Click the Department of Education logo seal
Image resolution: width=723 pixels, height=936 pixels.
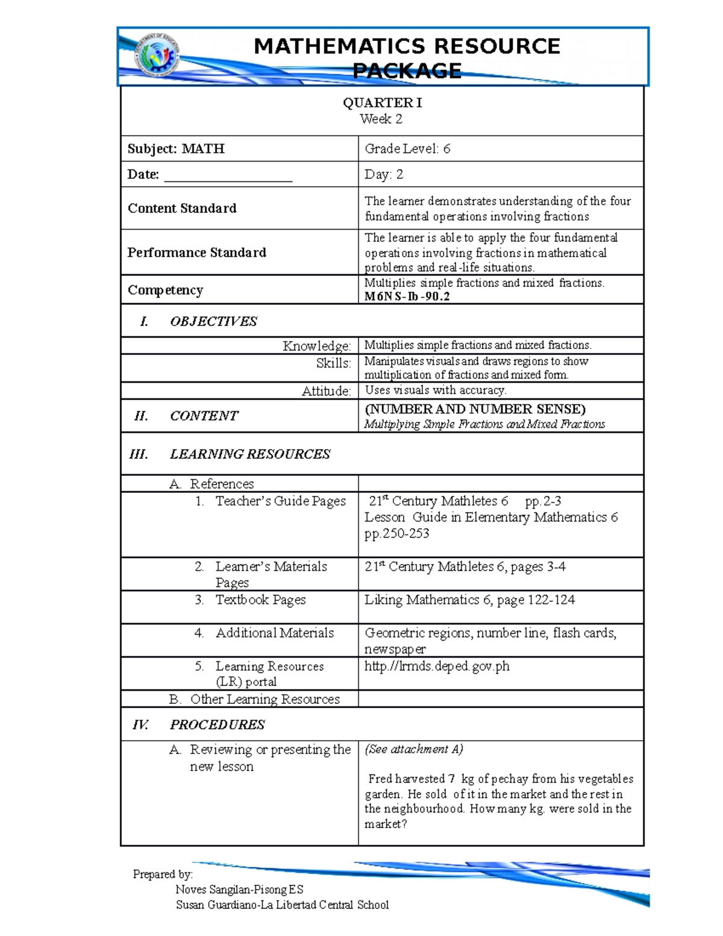157,56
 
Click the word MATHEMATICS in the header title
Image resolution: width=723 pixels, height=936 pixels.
339,46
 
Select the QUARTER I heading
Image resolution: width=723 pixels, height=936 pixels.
382,103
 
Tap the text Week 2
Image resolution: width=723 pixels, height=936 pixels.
381,119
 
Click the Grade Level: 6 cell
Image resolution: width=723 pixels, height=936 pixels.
407,149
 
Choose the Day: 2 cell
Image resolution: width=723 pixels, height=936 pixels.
384,175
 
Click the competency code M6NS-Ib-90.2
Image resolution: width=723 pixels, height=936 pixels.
407,297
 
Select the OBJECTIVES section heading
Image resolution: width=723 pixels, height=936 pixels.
213,321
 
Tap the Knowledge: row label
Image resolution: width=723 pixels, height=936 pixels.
317,346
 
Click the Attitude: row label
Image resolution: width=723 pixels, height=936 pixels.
326,391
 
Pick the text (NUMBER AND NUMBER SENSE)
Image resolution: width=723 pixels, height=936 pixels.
475,409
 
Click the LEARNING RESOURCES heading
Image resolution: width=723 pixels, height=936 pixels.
249,454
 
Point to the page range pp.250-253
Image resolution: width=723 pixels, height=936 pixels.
397,533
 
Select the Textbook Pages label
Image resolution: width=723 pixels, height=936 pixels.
260,600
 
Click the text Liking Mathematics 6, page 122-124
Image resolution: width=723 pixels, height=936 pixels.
469,600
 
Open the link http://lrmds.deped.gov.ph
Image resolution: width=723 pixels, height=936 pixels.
437,666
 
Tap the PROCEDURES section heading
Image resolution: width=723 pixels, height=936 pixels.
217,724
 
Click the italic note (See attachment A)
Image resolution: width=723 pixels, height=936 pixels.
413,749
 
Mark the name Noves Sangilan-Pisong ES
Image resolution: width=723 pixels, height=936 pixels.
239,890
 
